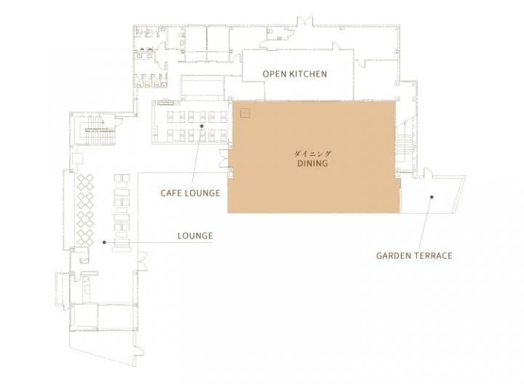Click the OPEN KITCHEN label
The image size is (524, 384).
295,73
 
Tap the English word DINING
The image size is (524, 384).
312,164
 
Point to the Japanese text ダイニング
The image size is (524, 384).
312,153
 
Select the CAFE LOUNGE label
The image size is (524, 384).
191,193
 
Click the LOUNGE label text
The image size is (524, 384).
195,236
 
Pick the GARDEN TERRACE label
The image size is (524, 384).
414,256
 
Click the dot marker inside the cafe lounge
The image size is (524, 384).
202,126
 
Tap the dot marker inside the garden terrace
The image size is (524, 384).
432,197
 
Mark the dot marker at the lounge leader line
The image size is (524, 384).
104,242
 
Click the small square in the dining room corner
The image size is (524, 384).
245,113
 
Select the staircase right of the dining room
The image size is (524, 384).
406,143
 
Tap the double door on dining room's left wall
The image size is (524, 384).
223,158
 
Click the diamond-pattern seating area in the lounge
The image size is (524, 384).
85,209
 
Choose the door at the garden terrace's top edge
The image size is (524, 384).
426,173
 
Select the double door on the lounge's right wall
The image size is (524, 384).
143,261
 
